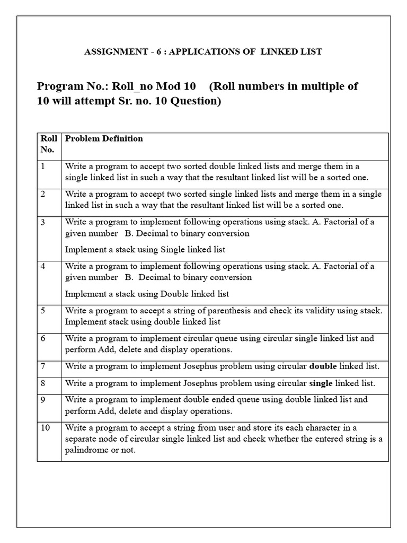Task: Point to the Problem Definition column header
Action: tap(104, 139)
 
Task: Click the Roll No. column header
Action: tap(48, 144)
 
